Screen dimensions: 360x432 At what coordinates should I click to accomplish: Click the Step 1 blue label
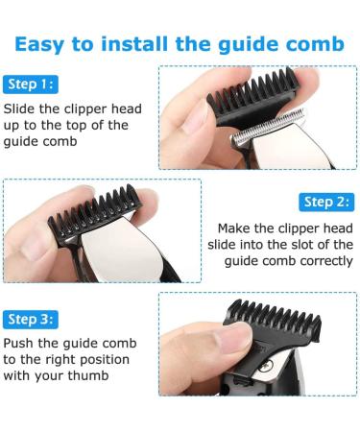(31, 84)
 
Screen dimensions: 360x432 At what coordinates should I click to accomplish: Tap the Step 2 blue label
(326, 202)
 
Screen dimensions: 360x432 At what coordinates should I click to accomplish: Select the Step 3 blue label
(31, 320)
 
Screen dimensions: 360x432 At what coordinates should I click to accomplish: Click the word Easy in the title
(39, 45)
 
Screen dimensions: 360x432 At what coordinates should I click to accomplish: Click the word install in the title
(134, 44)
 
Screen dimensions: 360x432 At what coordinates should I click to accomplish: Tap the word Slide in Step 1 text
(19, 108)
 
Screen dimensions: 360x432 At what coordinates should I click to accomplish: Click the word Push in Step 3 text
(18, 343)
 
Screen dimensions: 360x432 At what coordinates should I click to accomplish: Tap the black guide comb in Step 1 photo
(252, 97)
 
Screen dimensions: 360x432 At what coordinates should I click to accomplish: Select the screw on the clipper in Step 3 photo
(266, 366)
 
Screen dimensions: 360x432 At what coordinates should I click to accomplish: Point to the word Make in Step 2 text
(234, 228)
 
